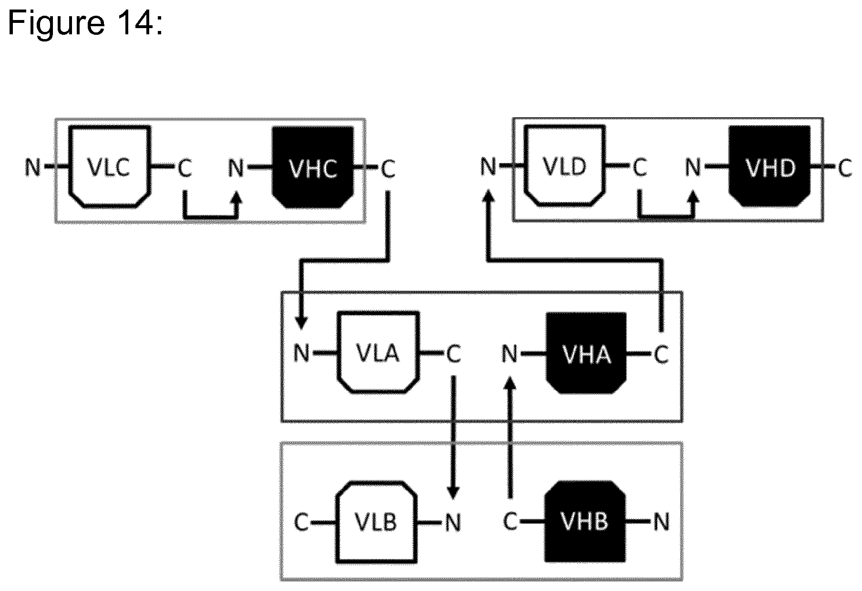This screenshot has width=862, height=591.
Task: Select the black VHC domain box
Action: click(x=313, y=167)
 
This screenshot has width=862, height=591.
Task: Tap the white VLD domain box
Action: click(x=565, y=166)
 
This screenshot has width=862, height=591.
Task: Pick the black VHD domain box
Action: click(x=770, y=166)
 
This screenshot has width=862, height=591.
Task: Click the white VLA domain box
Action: click(x=379, y=353)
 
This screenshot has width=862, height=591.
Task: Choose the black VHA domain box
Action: click(x=586, y=353)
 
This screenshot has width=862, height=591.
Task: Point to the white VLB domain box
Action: click(x=377, y=521)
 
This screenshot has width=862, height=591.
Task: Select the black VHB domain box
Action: click(x=585, y=521)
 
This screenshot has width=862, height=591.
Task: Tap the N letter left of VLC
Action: click(x=33, y=167)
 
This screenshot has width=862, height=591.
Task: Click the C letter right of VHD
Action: click(x=845, y=167)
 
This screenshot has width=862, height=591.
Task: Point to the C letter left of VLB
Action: click(x=301, y=522)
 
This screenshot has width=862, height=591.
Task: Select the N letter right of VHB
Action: click(x=661, y=522)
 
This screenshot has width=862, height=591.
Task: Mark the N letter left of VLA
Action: click(x=301, y=354)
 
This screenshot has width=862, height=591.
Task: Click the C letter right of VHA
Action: click(x=661, y=354)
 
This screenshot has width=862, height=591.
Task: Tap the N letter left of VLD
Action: click(x=488, y=167)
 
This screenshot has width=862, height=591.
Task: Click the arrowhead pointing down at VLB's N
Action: click(x=453, y=492)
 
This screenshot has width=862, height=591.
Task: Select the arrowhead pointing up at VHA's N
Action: click(x=511, y=382)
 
